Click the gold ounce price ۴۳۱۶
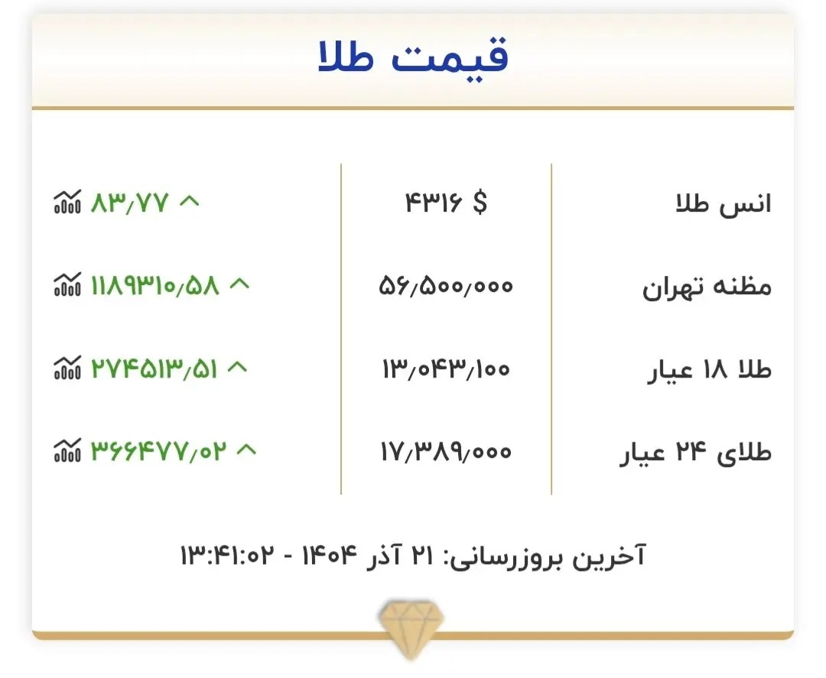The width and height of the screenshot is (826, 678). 433,203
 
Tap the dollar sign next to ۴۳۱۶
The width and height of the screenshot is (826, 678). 480,203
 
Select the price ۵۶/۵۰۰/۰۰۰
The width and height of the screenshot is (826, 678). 446,287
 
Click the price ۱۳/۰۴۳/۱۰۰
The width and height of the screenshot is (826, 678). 445,369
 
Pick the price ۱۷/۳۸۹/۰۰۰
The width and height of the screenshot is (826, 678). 445,452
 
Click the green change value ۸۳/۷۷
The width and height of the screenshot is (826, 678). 129,203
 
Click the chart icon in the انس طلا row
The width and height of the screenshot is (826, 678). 67,203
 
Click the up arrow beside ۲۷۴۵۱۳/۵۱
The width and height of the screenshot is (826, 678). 238,368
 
